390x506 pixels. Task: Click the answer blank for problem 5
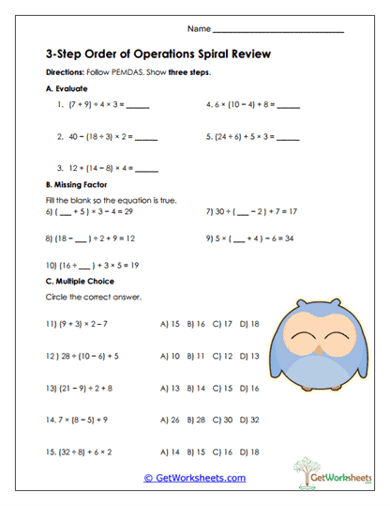point(288,138)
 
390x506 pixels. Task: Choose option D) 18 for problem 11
point(248,324)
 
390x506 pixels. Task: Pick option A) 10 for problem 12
point(171,356)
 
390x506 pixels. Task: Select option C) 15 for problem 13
point(222,388)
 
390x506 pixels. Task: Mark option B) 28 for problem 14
point(196,420)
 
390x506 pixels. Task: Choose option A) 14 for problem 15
point(171,452)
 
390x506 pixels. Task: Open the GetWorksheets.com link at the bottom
point(194,478)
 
